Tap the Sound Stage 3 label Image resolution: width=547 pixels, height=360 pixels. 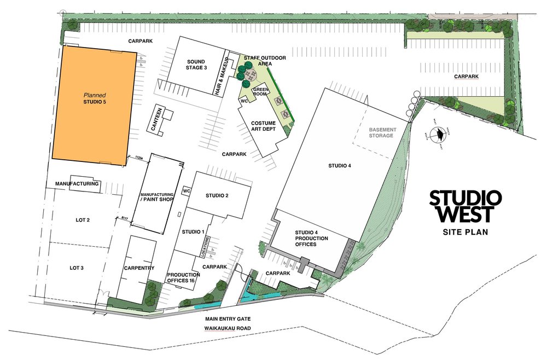tap(196, 65)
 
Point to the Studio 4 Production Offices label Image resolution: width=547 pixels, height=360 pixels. tap(311, 238)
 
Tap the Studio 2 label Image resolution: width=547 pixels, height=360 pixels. tap(217, 195)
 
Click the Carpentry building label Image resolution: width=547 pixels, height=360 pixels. tap(139, 268)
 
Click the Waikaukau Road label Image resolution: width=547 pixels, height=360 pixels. tap(226, 328)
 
